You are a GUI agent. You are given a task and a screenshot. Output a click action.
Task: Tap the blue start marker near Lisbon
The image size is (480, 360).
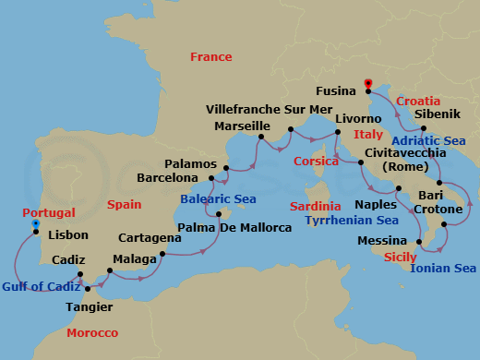[x=35, y=224]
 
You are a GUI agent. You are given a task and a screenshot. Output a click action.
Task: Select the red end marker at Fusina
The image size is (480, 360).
[x=367, y=85]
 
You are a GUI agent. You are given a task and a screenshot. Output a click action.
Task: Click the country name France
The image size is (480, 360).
[x=210, y=57]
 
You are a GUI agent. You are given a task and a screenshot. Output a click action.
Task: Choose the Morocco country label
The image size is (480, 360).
[x=93, y=332]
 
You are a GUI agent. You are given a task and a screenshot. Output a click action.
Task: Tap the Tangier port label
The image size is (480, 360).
[x=90, y=306]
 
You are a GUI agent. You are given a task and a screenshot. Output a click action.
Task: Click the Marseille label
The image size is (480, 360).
[x=242, y=126]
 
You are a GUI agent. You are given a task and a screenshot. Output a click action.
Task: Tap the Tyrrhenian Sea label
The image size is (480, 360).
[x=353, y=221]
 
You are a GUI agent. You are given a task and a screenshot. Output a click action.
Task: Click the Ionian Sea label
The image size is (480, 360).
[x=445, y=269]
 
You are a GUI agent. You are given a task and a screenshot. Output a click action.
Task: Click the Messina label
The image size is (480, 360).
[x=382, y=242]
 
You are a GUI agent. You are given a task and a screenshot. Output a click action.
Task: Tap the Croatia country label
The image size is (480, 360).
[x=417, y=100]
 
